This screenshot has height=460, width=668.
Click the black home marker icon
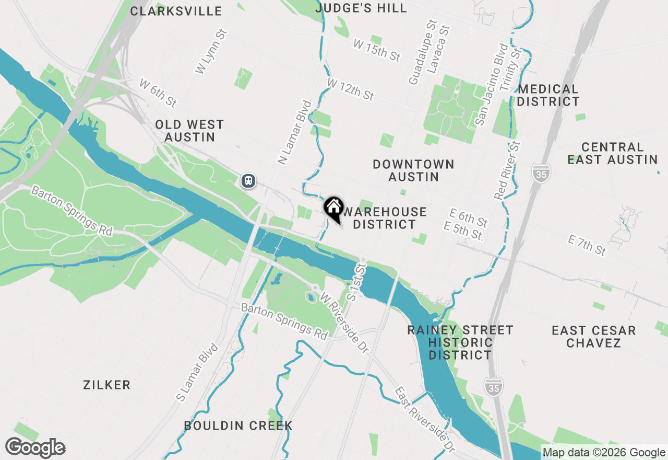(x=333, y=208)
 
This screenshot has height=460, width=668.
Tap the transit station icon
(x=248, y=181)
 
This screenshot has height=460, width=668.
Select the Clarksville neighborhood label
(x=176, y=11)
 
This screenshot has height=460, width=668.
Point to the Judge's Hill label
(x=361, y=8)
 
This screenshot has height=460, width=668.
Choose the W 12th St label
(x=350, y=89)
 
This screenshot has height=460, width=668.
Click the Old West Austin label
(x=189, y=131)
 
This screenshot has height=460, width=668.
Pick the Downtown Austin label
(x=413, y=170)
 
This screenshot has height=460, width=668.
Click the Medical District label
(x=548, y=95)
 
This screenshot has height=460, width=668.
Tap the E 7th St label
(x=587, y=246)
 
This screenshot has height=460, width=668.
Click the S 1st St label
(x=356, y=282)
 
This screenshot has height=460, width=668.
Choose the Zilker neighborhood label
(x=106, y=385)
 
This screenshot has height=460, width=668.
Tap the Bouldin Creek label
(x=238, y=425)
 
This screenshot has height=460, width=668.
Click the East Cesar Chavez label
(x=593, y=337)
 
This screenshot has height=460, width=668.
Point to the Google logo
(x=35, y=447)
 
